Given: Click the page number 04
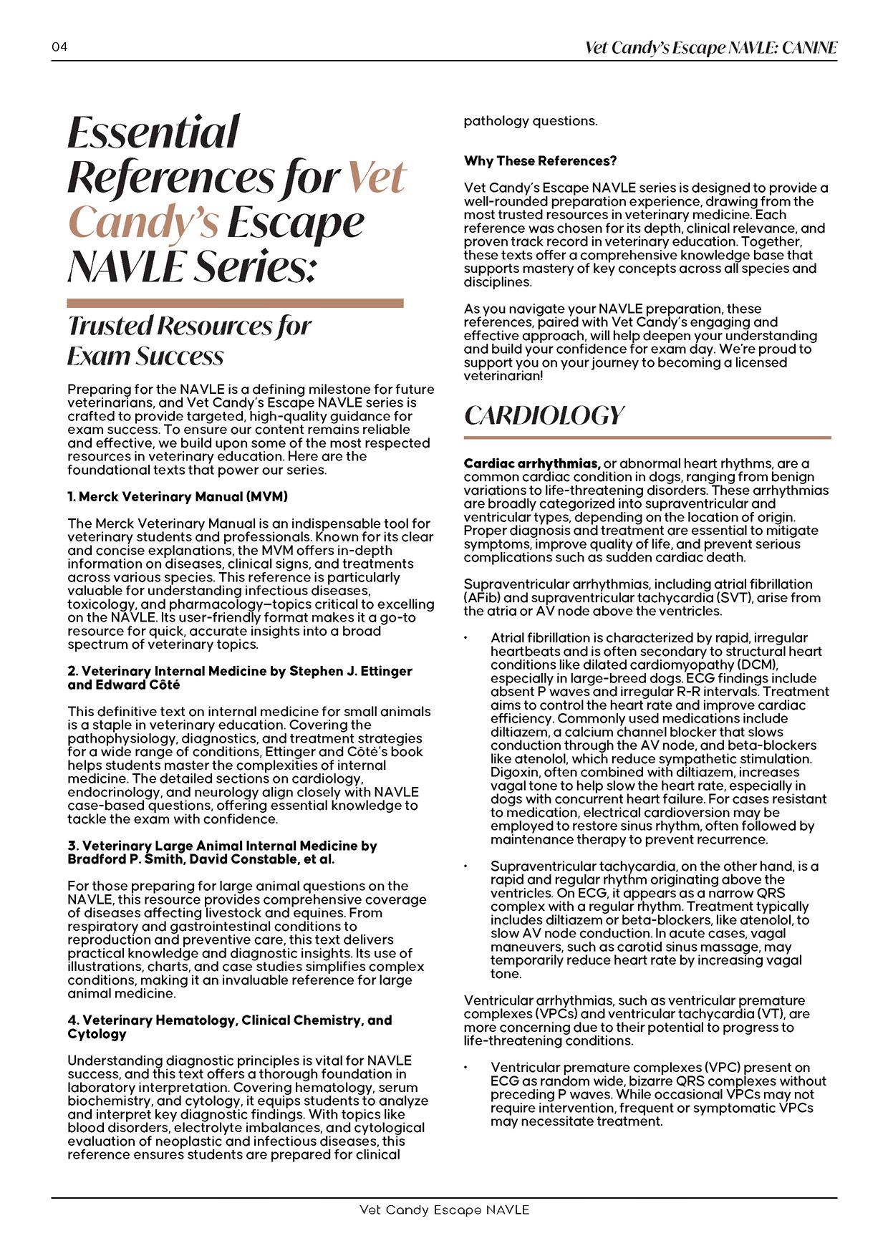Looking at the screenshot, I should coord(59,47).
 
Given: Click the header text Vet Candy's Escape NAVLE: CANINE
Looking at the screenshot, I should coord(710,48).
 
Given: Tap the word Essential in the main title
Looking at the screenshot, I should coord(153,132).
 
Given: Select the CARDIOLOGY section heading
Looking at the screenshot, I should coord(544,415).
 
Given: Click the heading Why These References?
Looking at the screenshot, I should coord(540,160).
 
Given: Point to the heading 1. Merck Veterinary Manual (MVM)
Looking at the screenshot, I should coord(178,496).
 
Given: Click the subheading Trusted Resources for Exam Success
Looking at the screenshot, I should coord(189,340).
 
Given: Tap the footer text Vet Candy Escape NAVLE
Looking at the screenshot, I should coord(444,1209).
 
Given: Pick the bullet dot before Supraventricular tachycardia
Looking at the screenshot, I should coord(466,866).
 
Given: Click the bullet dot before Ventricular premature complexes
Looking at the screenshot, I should coord(466,1068).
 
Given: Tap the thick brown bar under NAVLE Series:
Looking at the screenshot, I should coord(235,304).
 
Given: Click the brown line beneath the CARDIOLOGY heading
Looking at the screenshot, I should coord(647,437).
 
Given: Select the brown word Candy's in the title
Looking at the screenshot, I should coord(143,222).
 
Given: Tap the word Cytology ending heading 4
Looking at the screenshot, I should coord(97,1033).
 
